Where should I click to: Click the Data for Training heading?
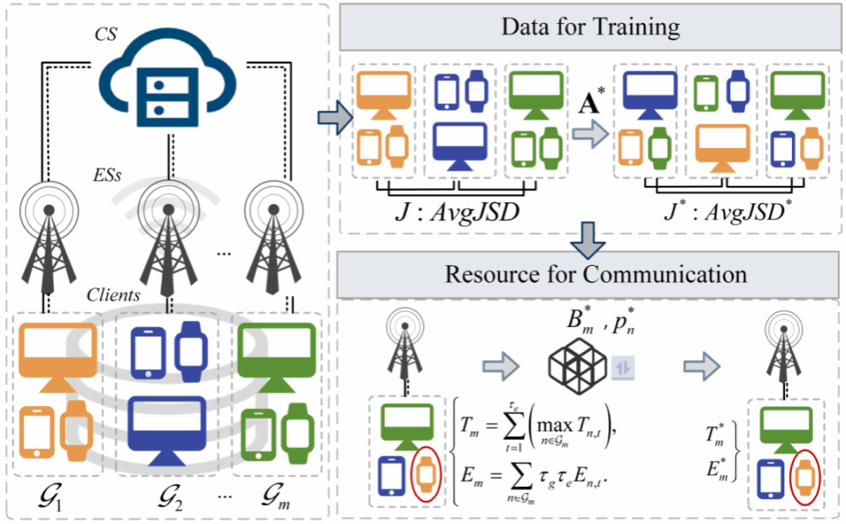pyautogui.click(x=592, y=28)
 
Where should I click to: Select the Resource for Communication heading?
pyautogui.click(x=592, y=274)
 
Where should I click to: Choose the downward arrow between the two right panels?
pyautogui.click(x=591, y=240)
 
